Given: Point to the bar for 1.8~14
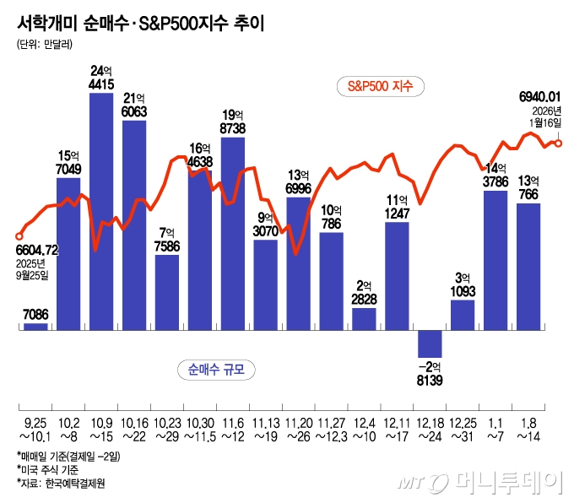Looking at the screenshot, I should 528,266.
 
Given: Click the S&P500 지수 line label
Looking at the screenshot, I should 381,85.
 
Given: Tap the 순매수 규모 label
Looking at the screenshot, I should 218,369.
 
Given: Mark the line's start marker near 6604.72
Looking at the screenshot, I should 19,236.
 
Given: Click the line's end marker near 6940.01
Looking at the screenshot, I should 558,143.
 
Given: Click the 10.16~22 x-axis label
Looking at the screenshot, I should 134,427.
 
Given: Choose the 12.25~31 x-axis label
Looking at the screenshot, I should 463,427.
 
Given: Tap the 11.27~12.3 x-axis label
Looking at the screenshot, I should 332,427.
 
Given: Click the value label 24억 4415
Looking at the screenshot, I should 101,77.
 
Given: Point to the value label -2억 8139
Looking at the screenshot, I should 430,374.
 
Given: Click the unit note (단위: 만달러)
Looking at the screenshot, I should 45,44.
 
